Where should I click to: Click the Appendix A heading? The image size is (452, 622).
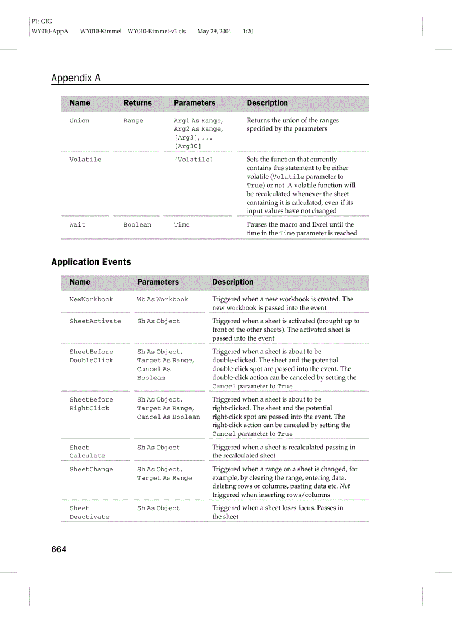click(76, 78)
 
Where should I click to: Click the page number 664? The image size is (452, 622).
click(59, 549)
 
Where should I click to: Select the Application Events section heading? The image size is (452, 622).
click(91, 262)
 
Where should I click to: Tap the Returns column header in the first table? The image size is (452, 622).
click(137, 103)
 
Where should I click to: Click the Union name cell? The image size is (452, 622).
click(79, 121)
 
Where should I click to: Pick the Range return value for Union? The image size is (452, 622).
click(133, 121)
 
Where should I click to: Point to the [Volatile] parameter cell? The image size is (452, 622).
click(193, 160)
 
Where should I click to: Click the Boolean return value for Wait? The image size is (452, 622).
click(137, 225)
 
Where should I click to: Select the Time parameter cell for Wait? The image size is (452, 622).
click(182, 225)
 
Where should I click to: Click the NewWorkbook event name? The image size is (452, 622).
click(91, 300)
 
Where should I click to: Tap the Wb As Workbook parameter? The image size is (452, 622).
click(162, 300)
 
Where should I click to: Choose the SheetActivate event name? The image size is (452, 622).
click(95, 321)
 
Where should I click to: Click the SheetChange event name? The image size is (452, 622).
click(91, 470)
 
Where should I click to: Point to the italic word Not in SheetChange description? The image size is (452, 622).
click(345, 486)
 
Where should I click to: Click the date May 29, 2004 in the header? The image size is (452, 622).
click(214, 32)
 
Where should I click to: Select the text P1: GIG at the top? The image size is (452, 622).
click(42, 22)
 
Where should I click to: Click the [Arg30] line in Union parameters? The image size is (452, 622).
click(187, 146)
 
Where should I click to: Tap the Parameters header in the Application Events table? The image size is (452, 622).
click(158, 282)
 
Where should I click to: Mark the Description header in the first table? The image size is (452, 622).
click(267, 103)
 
